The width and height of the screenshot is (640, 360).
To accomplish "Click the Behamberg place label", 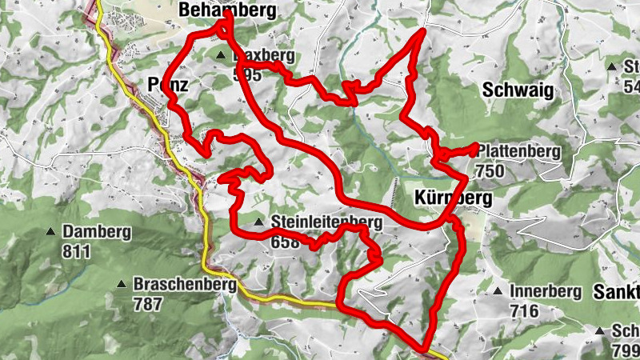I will (x=228, y=10).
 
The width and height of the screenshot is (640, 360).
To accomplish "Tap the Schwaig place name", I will (x=518, y=90).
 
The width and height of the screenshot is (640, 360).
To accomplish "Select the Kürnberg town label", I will (x=453, y=197).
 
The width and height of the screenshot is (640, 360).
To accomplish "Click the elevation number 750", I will (x=489, y=170).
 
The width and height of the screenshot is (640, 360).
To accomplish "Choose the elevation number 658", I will (x=286, y=242).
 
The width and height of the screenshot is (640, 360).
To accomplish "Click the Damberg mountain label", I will (x=96, y=232).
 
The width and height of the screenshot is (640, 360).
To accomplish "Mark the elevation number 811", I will (x=77, y=251).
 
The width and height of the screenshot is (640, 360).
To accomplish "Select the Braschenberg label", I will (x=185, y=284).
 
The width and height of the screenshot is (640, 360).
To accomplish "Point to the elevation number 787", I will (x=148, y=304).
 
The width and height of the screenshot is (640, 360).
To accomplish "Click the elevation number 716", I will (x=526, y=311).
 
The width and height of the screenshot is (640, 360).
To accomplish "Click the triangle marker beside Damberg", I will (x=51, y=232).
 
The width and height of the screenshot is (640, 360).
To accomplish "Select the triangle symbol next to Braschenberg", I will (x=121, y=284).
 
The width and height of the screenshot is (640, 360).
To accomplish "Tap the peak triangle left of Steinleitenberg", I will (x=258, y=222).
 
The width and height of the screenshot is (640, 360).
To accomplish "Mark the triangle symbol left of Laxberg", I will (x=220, y=55).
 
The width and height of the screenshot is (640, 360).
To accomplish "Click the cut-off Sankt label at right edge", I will (x=616, y=292).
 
